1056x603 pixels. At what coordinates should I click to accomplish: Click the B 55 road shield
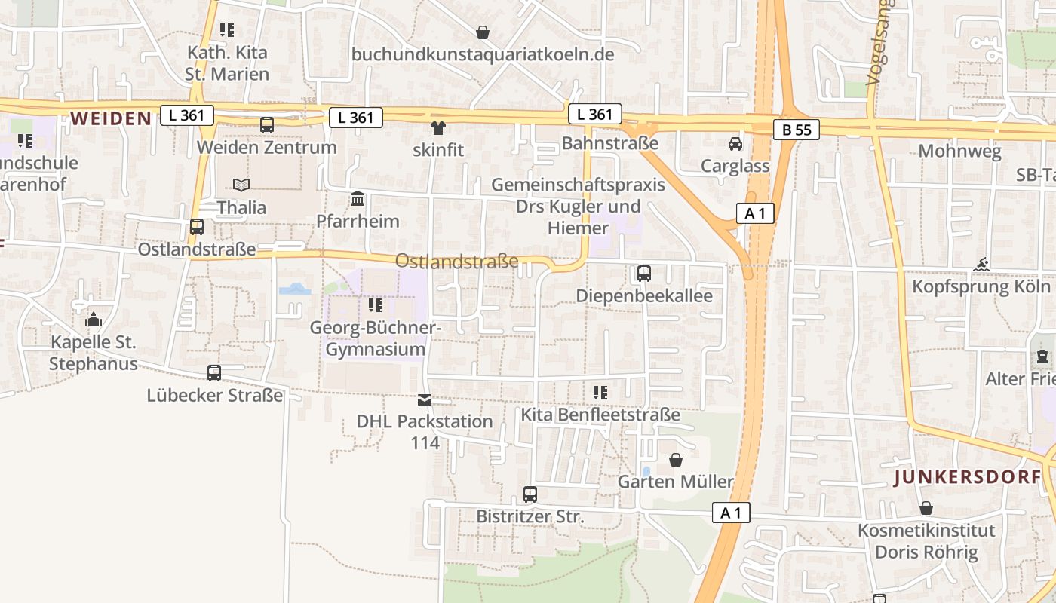click(x=797, y=130)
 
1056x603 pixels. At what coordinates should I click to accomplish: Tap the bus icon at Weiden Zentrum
click(x=267, y=125)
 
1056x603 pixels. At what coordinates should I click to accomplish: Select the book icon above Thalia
click(x=241, y=185)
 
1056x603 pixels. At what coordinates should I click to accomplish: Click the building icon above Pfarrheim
click(x=358, y=199)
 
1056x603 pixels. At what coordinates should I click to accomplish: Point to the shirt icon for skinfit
click(x=437, y=128)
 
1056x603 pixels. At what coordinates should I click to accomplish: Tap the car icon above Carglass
click(x=735, y=144)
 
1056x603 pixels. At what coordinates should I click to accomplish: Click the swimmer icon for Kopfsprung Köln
click(x=981, y=265)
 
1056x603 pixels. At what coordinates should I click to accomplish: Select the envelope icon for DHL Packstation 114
click(x=425, y=399)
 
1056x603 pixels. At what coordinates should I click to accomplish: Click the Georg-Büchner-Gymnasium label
click(x=376, y=339)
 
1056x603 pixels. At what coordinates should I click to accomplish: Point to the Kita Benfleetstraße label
click(x=600, y=415)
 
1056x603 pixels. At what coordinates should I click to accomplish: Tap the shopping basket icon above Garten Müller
click(x=676, y=460)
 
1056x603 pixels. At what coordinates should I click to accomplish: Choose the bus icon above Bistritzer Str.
click(x=530, y=494)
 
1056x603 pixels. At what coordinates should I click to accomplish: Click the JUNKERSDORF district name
click(x=968, y=477)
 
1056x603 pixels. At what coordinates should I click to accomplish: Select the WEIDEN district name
click(x=112, y=118)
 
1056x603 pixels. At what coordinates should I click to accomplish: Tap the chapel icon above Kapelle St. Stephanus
click(x=94, y=320)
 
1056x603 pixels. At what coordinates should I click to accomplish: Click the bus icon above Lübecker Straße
click(x=214, y=373)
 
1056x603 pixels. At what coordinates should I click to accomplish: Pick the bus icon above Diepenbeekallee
click(x=644, y=274)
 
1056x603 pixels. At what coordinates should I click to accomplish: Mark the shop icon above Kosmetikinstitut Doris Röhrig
click(x=926, y=509)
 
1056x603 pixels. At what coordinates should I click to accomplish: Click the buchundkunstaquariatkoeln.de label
click(x=483, y=55)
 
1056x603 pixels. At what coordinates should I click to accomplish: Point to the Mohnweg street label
click(x=959, y=151)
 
